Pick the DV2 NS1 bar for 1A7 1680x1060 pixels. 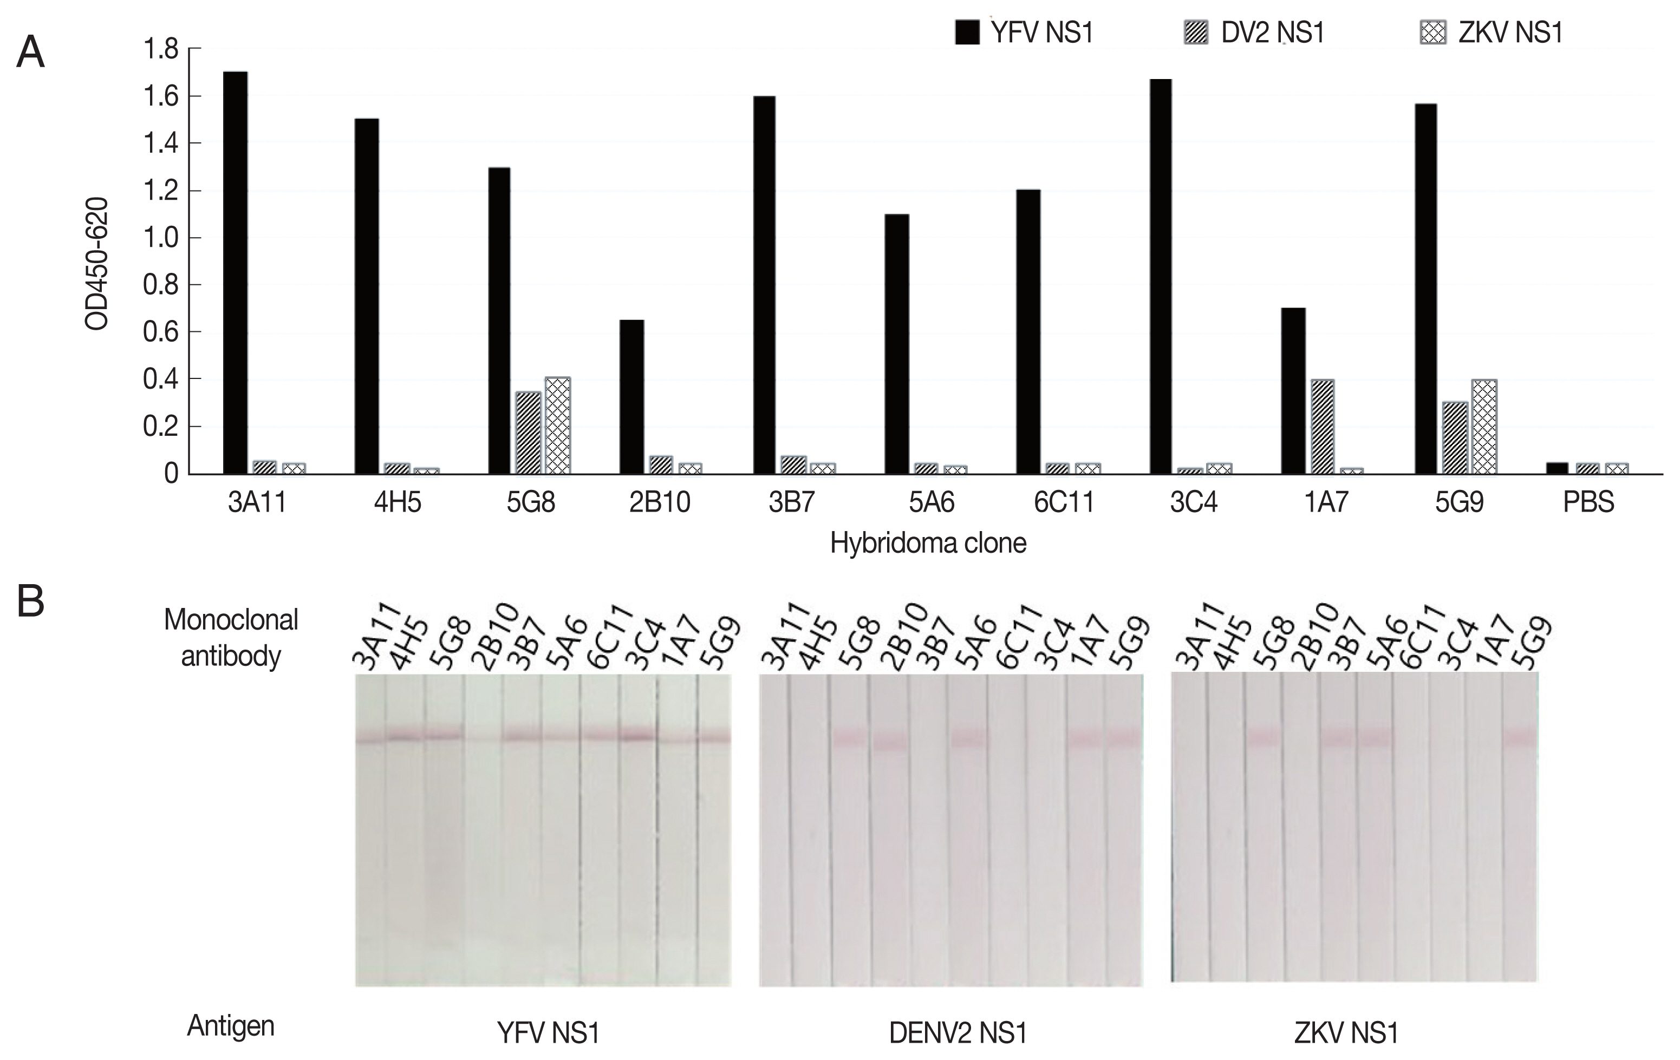pos(1322,427)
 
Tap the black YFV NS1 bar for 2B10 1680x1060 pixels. pos(631,397)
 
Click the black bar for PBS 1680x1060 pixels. pos(1557,468)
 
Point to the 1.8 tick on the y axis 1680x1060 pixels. pos(160,49)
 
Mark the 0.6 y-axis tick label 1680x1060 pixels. pos(160,332)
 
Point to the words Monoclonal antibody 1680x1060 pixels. pos(231,637)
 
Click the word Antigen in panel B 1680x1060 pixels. pos(231,1026)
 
